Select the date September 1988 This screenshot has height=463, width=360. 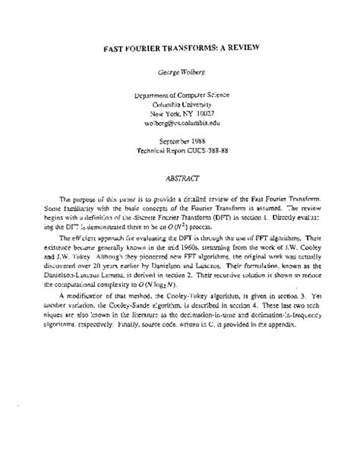click(x=180, y=150)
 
